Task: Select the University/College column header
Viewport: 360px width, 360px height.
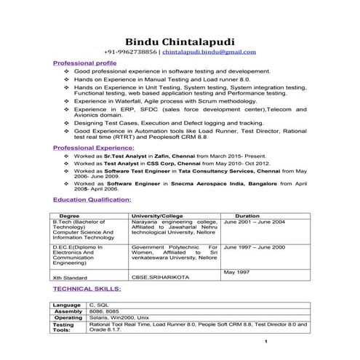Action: click(157, 216)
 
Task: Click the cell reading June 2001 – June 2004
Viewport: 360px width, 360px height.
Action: click(255, 222)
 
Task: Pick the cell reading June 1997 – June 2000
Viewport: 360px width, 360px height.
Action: click(255, 247)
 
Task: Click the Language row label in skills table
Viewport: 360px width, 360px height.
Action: click(67, 305)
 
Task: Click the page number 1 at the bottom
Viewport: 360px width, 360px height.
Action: click(267, 342)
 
